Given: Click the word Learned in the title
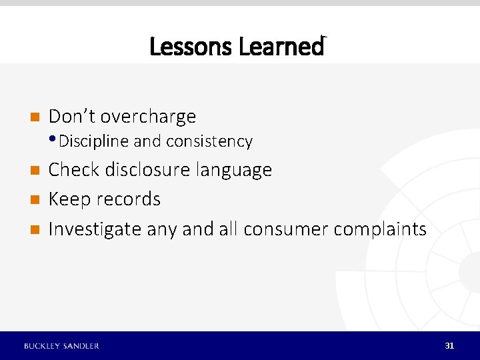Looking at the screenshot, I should (x=281, y=47).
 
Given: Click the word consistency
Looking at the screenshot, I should (x=209, y=141).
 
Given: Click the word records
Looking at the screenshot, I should (x=128, y=199).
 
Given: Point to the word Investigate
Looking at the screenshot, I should (x=95, y=229).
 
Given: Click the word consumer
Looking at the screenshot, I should (x=286, y=229).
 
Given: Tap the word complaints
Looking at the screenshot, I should (x=379, y=229).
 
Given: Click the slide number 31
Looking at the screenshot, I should (x=449, y=345).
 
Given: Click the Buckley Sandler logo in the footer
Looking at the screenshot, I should (x=61, y=345).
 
